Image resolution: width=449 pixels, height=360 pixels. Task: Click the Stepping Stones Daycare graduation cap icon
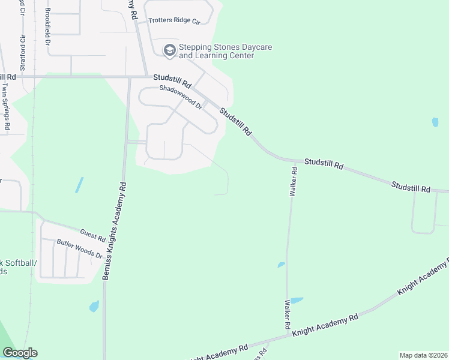tap(170, 50)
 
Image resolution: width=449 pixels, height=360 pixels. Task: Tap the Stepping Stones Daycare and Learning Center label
tap(217, 51)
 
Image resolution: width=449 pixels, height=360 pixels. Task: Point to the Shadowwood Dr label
tap(181, 96)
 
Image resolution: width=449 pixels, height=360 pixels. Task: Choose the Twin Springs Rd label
tap(6, 106)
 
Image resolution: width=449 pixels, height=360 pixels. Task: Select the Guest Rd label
tap(92, 234)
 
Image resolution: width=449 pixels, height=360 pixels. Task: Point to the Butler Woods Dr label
tap(80, 249)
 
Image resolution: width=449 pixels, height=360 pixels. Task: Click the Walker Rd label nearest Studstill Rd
tap(294, 182)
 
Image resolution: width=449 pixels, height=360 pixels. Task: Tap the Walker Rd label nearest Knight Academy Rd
tap(288, 313)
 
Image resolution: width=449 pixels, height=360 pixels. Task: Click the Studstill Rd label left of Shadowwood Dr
tap(172, 78)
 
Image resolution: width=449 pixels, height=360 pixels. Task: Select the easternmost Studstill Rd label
tap(411, 187)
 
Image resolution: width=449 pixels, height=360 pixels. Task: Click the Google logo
tap(20, 353)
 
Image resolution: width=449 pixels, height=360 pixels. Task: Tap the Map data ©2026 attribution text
tap(423, 355)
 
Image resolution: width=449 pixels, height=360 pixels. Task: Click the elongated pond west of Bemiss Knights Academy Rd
tap(79, 185)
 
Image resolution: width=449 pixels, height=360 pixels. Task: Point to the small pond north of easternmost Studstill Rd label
tap(435, 122)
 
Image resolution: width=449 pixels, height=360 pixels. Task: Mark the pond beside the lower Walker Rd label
tap(297, 300)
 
